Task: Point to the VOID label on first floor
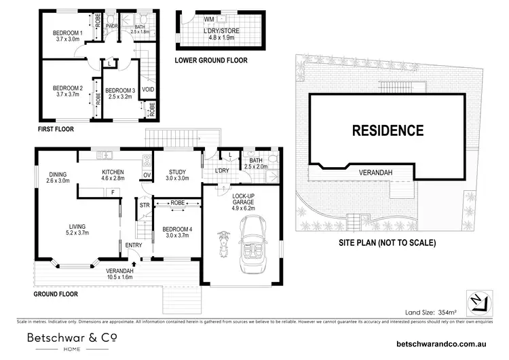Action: coord(148,89)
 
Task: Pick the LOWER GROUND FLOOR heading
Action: coord(210,60)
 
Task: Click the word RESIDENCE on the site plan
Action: coord(388,130)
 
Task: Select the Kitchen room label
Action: coord(113,176)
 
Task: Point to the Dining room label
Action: coord(58,176)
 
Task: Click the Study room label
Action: coord(176,175)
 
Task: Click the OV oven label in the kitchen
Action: coord(147,175)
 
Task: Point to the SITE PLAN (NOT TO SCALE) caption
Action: coord(388,242)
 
